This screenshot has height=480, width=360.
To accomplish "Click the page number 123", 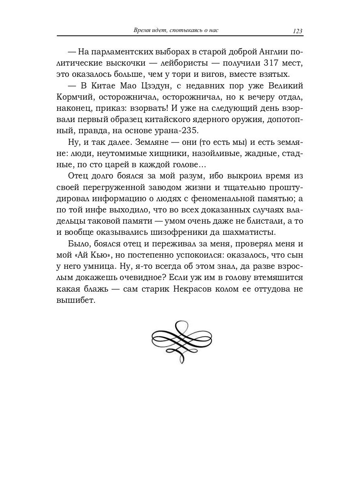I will [x=297, y=31].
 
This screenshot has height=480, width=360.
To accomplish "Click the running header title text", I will [x=173, y=31].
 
